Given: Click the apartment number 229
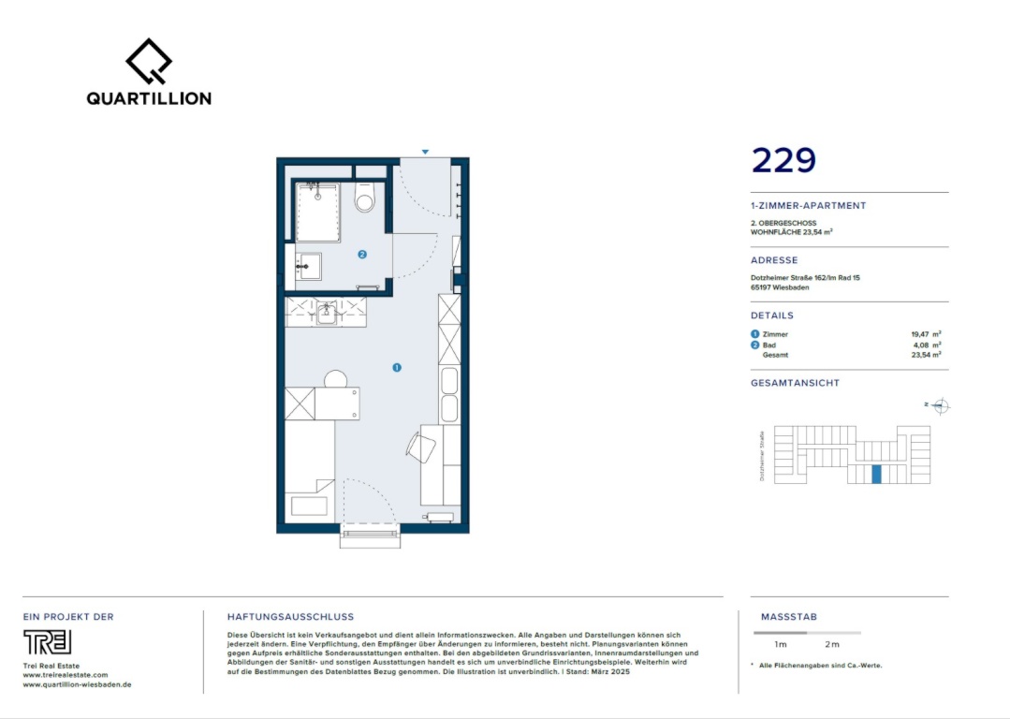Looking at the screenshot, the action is [x=783, y=160].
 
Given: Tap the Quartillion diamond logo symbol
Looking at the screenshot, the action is [x=149, y=61].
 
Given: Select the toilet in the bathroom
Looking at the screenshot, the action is [x=364, y=198].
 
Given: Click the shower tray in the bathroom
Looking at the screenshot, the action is [x=317, y=213].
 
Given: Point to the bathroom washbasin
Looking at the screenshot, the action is [x=308, y=266].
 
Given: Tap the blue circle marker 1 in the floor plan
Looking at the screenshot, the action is [x=397, y=367].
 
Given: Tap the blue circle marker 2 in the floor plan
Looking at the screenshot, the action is [x=362, y=255].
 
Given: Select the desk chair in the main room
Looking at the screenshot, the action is [x=422, y=448].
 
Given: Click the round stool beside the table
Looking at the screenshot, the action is [x=336, y=379].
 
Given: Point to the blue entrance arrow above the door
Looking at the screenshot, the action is [x=425, y=152].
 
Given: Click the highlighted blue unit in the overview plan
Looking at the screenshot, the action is [x=876, y=474].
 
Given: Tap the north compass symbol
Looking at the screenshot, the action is [x=940, y=406].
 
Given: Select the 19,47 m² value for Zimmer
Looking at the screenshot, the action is [x=926, y=334].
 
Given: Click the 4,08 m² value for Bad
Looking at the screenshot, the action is [x=927, y=345].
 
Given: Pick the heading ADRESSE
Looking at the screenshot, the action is [x=774, y=260].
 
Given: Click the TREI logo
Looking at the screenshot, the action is [x=47, y=642].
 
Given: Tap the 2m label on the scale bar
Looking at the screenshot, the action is [x=832, y=644].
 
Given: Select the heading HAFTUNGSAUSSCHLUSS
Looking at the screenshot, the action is [x=290, y=617].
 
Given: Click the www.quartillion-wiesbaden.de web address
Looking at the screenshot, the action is [x=78, y=685].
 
